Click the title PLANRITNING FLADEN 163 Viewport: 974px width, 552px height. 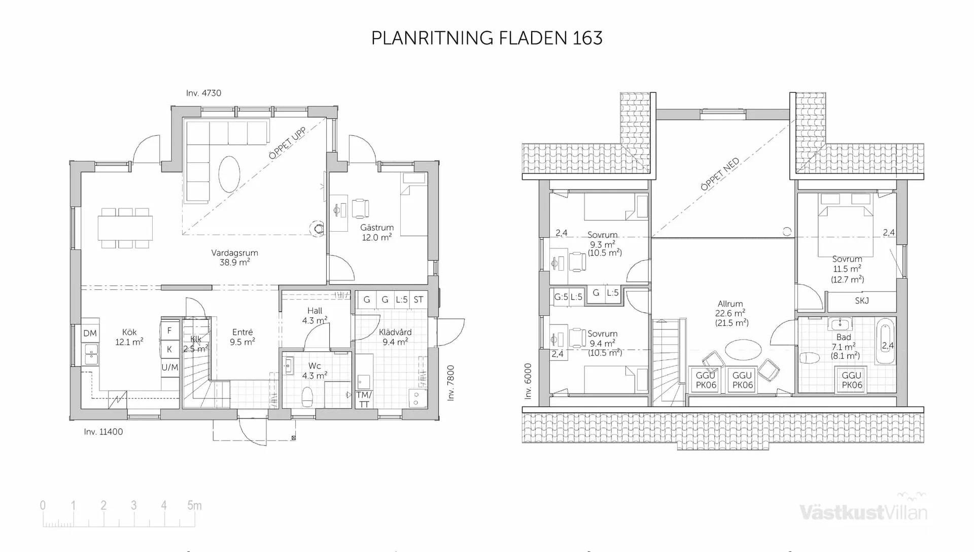pos(486,38)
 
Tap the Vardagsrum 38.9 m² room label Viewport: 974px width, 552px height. pos(234,257)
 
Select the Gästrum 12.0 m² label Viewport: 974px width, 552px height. pos(376,232)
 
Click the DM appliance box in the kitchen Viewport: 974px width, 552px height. pos(90,333)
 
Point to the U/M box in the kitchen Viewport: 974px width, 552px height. pos(169,367)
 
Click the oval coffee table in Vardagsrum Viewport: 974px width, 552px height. pos(229,174)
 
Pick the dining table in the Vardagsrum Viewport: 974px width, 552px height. pos(125,228)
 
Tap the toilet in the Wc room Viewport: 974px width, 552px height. pos(307,396)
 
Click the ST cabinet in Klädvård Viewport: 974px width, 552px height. pos(419,300)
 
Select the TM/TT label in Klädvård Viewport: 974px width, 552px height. pos(364,399)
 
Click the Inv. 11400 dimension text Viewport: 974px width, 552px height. pos(103,432)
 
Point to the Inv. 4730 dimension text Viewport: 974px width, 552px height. pos(203,93)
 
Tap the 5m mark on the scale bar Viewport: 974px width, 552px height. pos(194,505)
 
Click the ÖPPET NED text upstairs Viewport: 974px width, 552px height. pos(720,174)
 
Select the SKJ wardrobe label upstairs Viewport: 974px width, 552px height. pos(861,301)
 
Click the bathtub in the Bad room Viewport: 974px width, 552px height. pos(886,341)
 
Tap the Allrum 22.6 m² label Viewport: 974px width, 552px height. pos(730,313)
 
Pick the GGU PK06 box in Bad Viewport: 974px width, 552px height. pos(851,380)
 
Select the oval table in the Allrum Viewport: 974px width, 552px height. pos(743,349)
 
